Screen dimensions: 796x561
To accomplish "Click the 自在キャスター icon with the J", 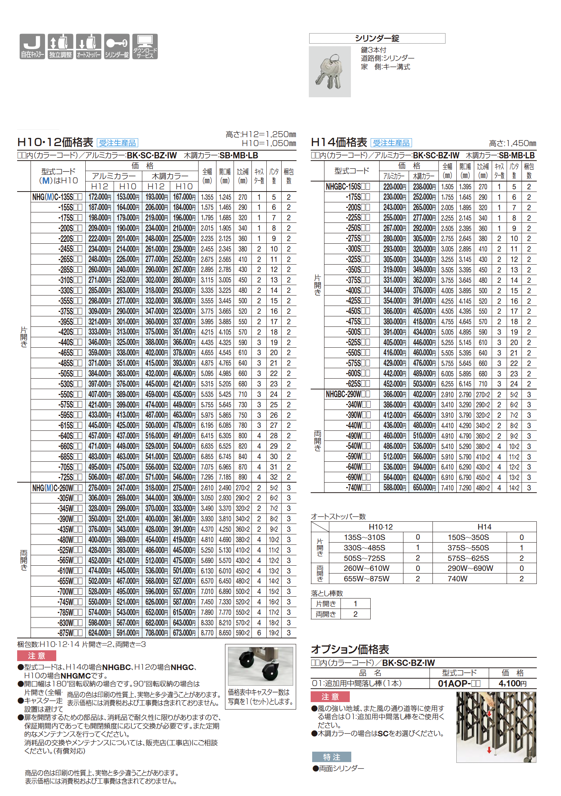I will [x=32, y=46].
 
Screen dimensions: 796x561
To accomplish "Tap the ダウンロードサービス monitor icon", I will [x=145, y=46].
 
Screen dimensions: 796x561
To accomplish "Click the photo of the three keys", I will [x=330, y=72].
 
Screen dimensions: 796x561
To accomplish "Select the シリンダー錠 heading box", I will [x=377, y=38].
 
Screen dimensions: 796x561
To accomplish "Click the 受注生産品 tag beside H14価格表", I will [x=391, y=143].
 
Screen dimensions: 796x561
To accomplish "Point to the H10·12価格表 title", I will [x=55, y=142].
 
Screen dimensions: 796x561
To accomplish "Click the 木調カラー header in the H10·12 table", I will [x=170, y=176].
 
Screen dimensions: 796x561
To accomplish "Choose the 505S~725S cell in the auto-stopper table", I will [x=364, y=558].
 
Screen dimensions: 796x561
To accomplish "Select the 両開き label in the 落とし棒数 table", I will [x=326, y=614].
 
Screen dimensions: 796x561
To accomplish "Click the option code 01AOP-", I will [x=459, y=683].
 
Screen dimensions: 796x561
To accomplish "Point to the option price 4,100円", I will [x=513, y=683].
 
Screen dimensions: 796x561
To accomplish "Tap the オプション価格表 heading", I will [x=350, y=650].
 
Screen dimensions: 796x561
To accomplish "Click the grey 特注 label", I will [x=332, y=757].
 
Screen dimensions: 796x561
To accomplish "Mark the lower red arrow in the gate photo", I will [x=489, y=750].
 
